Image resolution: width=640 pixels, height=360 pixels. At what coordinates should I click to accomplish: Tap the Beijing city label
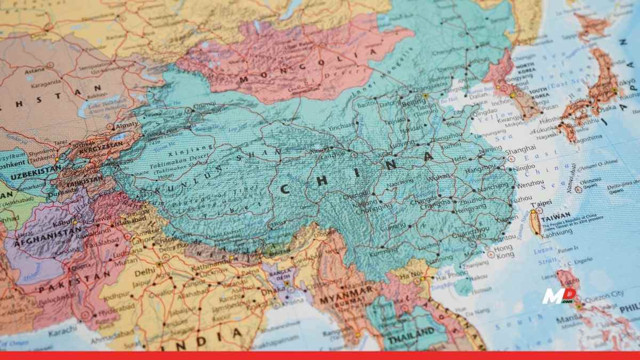414,102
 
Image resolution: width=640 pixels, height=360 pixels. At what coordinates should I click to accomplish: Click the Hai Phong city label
449,278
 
